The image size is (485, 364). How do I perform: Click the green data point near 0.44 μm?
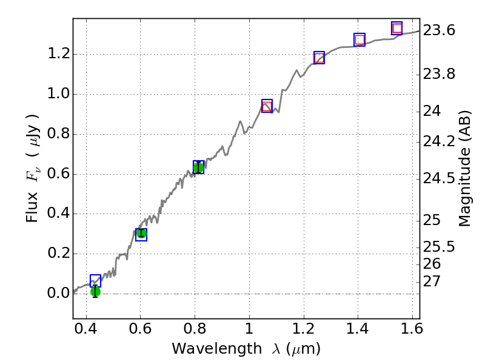pos(95,292)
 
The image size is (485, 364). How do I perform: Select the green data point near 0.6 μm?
pos(141,233)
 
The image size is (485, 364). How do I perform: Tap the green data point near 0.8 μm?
pos(198,167)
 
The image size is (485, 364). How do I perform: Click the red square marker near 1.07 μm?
pos(267,106)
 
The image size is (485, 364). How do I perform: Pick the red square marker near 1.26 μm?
pos(319,58)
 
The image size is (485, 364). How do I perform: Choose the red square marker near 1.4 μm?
pos(360,40)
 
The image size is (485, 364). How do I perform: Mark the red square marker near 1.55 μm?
pos(397,28)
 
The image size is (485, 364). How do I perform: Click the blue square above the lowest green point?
pos(95,280)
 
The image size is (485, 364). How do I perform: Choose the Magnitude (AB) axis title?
pos(465,168)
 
